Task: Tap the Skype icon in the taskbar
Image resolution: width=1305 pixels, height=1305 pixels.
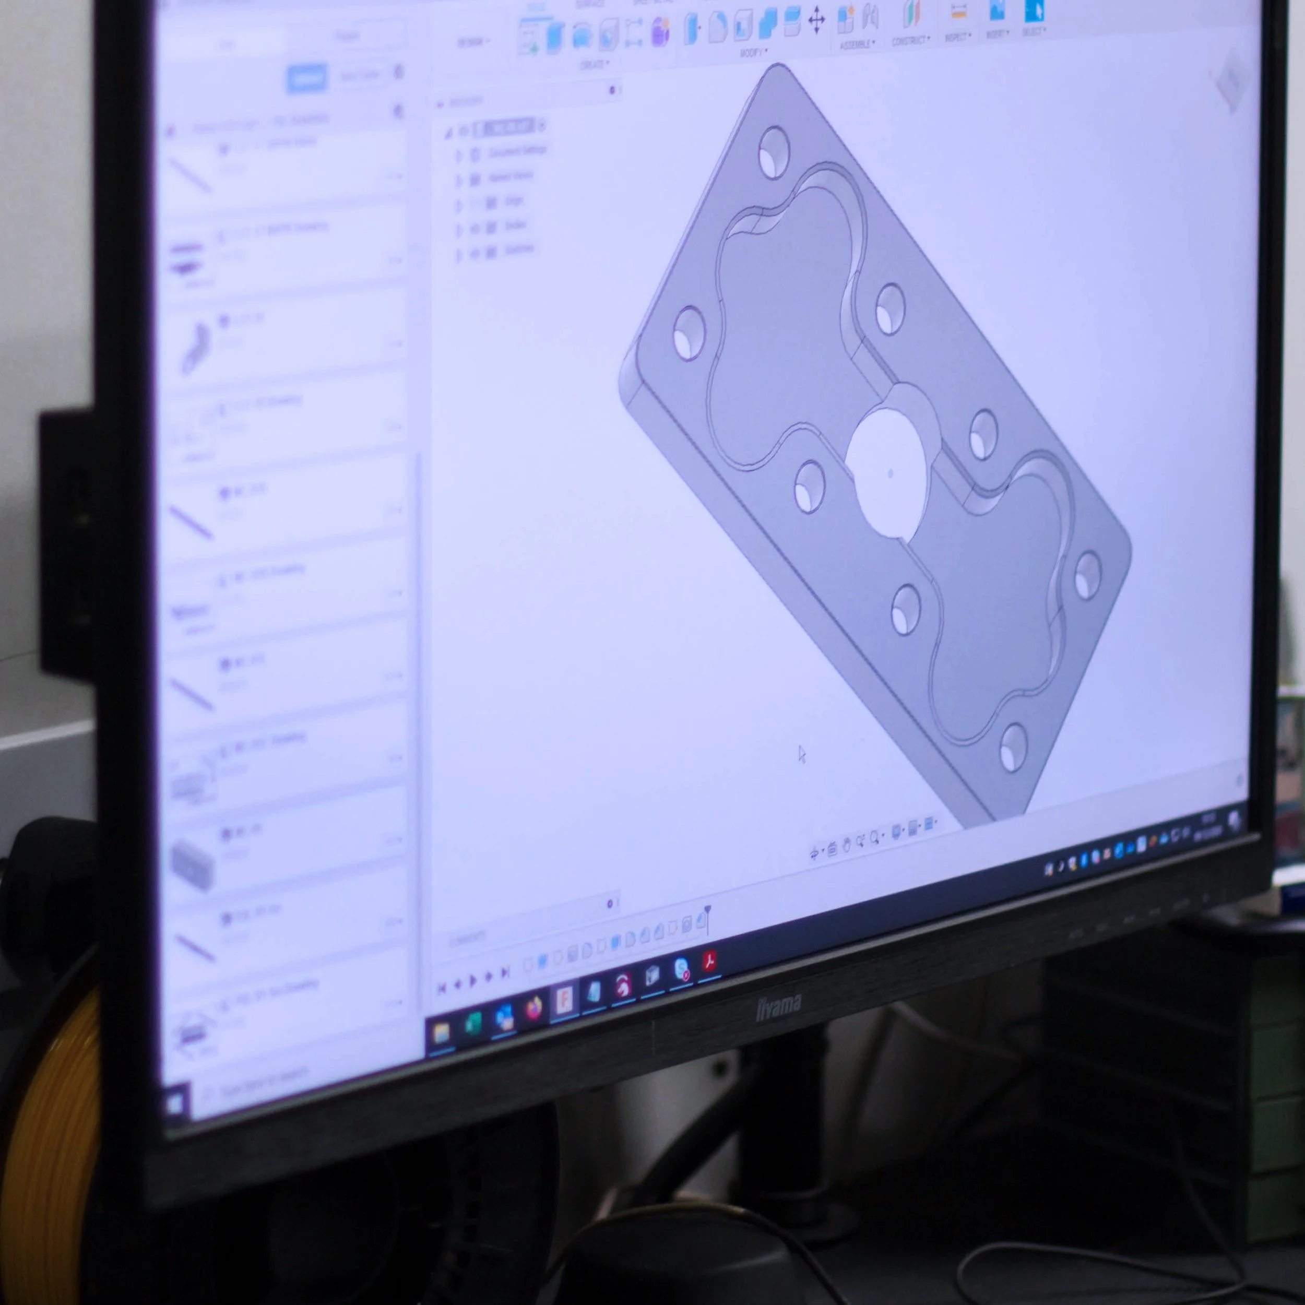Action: [x=682, y=970]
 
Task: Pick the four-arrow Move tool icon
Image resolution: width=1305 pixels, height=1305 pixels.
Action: [x=816, y=20]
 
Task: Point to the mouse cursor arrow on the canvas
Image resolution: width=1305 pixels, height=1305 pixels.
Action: [x=802, y=754]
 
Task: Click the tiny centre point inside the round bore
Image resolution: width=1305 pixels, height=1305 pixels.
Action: [x=890, y=473]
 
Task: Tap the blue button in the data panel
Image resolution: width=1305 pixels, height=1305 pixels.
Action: [x=306, y=78]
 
